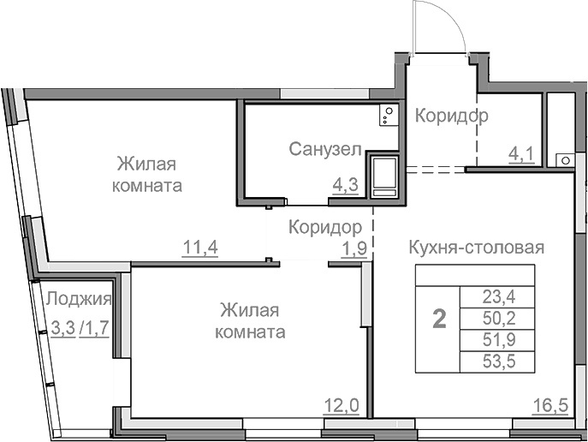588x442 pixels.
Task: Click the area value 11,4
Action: pos(200,248)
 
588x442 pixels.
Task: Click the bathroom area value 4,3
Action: pos(345,182)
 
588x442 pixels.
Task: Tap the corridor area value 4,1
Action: pos(521,154)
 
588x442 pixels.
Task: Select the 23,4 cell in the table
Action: pos(496,298)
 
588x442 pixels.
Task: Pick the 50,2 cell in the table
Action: pos(496,320)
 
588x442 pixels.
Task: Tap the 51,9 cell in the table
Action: pos(496,341)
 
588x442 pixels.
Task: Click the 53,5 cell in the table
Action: pos(496,362)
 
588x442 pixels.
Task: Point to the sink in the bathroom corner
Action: pos(388,113)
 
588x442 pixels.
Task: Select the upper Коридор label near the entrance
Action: pos(452,116)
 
